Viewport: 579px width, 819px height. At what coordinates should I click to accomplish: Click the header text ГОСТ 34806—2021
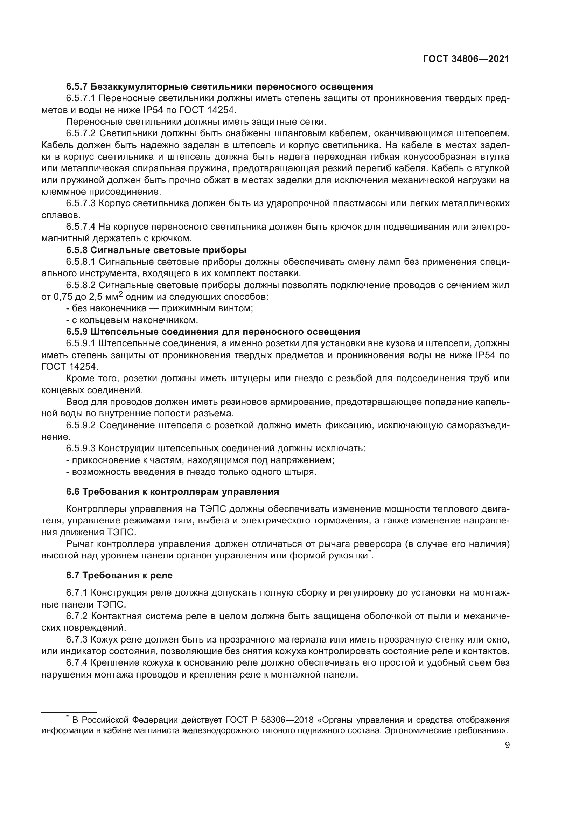click(x=466, y=59)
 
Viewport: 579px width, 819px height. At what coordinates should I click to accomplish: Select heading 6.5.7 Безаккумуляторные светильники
click(x=219, y=87)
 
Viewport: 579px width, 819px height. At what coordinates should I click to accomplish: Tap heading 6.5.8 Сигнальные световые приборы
click(x=156, y=250)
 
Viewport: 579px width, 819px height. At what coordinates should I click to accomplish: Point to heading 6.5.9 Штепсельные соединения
click(x=213, y=332)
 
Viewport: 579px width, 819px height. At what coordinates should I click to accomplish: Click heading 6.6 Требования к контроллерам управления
click(x=172, y=492)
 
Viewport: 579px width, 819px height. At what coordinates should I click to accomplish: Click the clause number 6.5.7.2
click(x=81, y=133)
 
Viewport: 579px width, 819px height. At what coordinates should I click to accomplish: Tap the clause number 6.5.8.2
click(x=81, y=285)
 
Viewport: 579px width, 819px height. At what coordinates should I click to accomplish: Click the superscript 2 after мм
click(x=120, y=294)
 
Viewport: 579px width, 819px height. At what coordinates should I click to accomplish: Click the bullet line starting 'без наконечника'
click(x=159, y=308)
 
